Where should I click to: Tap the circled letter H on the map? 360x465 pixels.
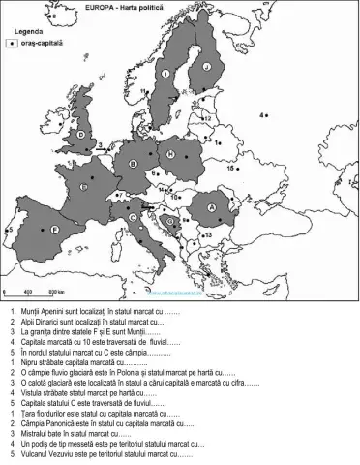[x=170, y=155]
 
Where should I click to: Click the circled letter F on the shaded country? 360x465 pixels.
[x=55, y=230]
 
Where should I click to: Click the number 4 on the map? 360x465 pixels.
[x=261, y=115]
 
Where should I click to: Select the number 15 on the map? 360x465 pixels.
[x=231, y=167]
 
